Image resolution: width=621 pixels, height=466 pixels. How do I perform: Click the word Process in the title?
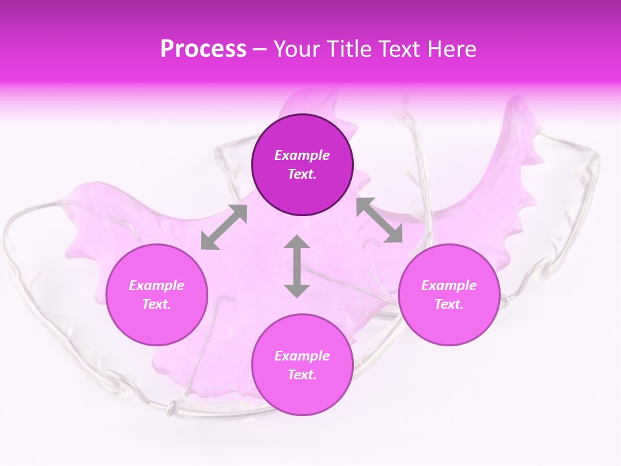coord(203,49)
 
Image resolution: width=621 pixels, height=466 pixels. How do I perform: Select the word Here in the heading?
coord(452,49)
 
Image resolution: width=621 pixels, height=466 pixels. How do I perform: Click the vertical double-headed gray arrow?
coord(297,266)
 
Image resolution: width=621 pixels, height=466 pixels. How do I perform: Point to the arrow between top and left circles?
coord(224,227)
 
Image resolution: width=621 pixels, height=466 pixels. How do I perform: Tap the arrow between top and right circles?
coord(379,220)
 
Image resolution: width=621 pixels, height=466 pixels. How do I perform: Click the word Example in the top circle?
coord(302,155)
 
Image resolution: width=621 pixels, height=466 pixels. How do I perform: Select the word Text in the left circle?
coord(156,304)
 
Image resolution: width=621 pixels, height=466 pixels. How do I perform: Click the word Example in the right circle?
coord(449,285)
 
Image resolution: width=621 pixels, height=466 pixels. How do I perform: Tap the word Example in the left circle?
coord(157,285)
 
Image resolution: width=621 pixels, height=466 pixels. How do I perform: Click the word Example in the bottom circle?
coord(302,356)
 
